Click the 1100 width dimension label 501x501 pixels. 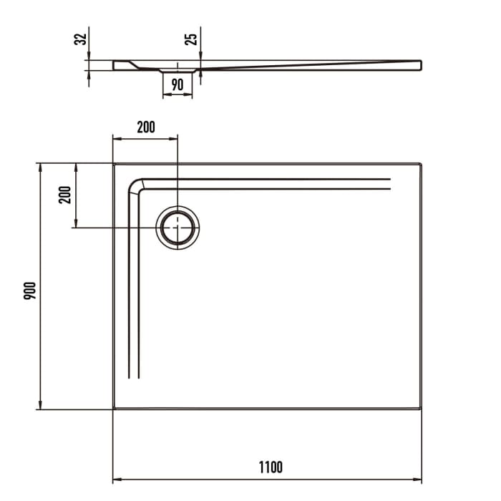pos(271,467)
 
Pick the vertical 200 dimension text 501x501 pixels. pos(65,195)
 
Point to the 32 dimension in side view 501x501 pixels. pos(81,37)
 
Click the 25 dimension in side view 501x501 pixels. pos(191,37)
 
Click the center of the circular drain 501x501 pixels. pos(177,228)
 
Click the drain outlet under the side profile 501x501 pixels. pos(177,71)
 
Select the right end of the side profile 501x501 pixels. pos(420,65)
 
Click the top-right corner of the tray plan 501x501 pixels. pos(422,164)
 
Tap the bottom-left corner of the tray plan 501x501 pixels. pos(114,409)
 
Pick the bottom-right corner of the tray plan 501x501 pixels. pos(422,409)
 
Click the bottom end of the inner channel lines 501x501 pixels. pos(134,376)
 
